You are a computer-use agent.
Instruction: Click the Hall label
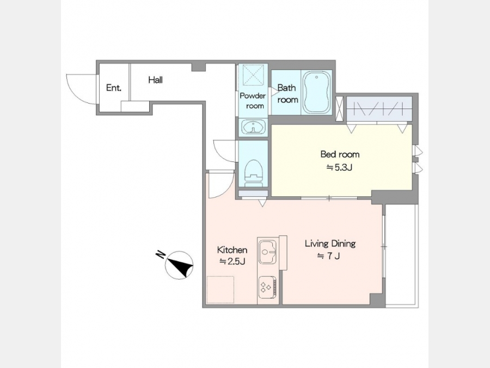(x=155, y=80)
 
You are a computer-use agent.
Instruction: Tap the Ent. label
(x=113, y=88)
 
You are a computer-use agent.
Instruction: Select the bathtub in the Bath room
(x=317, y=92)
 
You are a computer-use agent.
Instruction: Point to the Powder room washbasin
(x=253, y=128)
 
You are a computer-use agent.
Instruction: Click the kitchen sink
(x=268, y=252)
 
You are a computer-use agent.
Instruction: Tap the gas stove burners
(x=267, y=287)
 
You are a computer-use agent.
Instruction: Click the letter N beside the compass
(x=161, y=255)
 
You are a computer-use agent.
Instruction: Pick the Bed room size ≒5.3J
(x=339, y=168)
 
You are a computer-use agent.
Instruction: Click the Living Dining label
(x=330, y=244)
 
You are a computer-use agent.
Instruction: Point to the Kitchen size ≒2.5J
(x=232, y=261)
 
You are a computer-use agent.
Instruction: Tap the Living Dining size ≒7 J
(x=328, y=256)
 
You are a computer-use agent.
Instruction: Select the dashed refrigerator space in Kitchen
(x=220, y=289)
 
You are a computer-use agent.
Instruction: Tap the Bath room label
(x=287, y=94)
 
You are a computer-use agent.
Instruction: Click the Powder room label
(x=253, y=101)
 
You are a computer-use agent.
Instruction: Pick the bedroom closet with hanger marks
(x=379, y=109)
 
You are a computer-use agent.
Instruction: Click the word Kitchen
(x=232, y=250)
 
